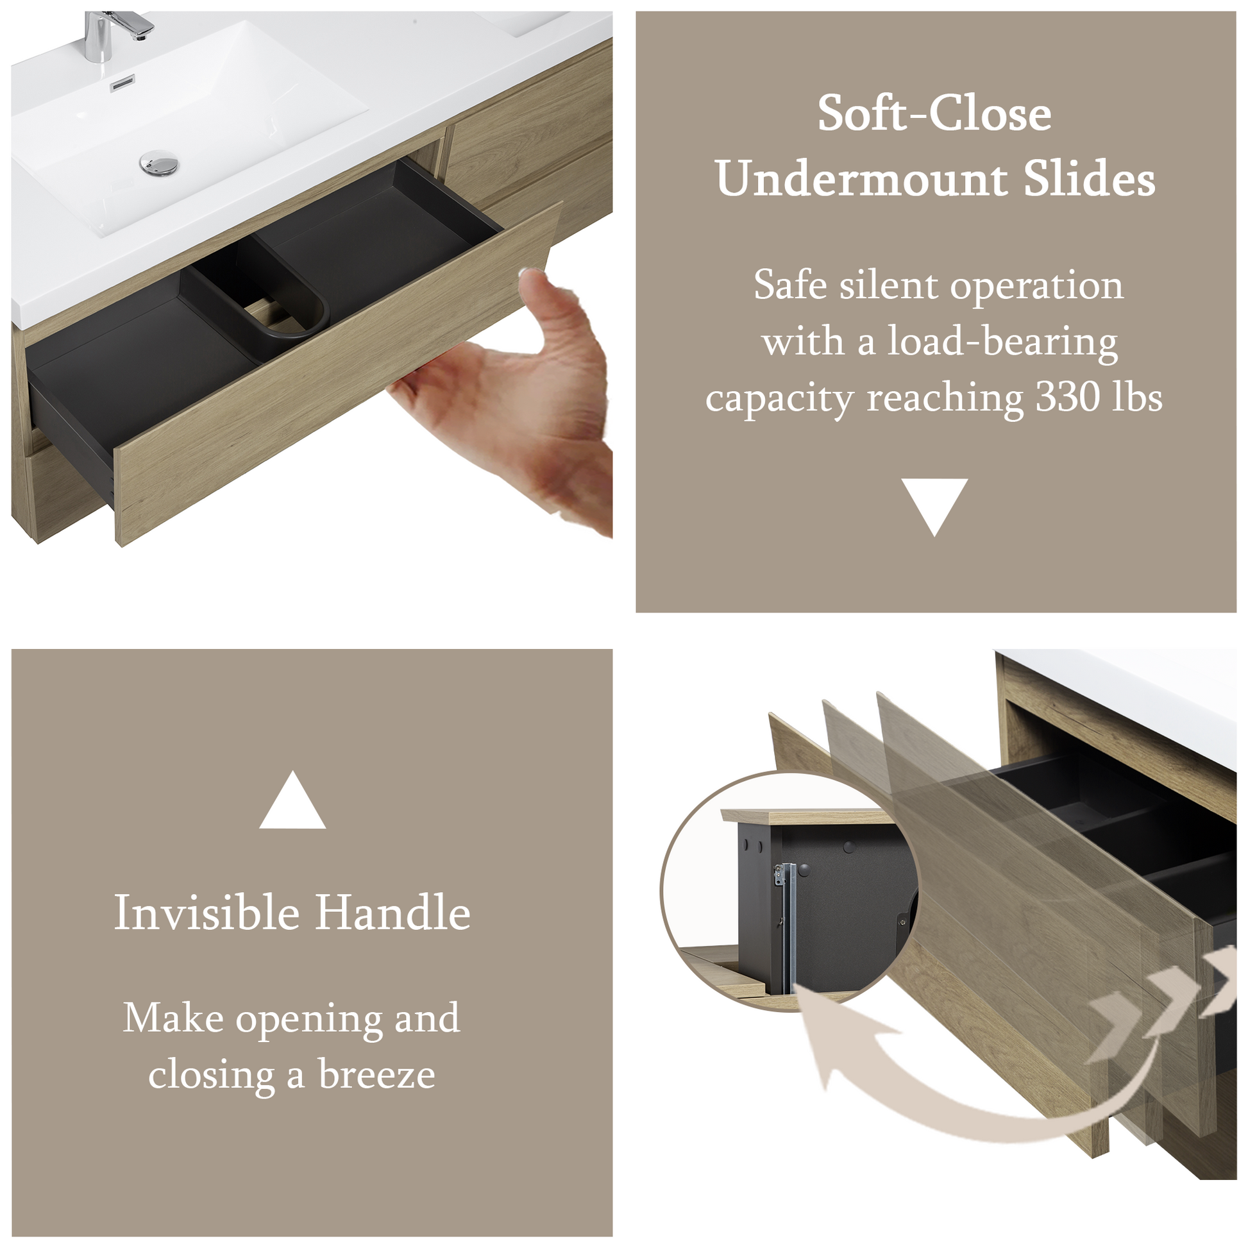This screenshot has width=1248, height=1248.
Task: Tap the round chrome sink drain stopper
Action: coord(159,162)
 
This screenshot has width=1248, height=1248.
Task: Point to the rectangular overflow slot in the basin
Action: coord(122,83)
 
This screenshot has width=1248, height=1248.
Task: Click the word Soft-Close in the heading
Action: coord(934,114)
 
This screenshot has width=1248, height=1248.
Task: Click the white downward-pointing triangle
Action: coord(934,506)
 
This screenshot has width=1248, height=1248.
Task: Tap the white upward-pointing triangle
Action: coord(292,800)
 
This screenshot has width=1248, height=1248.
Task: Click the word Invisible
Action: coord(207,913)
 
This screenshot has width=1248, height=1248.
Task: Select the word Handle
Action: coord(392,913)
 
